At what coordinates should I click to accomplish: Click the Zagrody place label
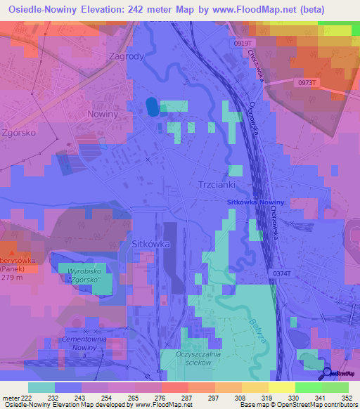pos(127,57)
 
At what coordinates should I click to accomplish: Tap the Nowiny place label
pos(103,113)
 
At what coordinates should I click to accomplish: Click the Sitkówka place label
pos(151,244)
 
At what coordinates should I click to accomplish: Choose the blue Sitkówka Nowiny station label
pos(257,202)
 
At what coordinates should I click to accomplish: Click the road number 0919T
pos(245,44)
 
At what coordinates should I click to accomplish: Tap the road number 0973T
pos(308,82)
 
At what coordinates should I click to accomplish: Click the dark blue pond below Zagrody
pos(152,107)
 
